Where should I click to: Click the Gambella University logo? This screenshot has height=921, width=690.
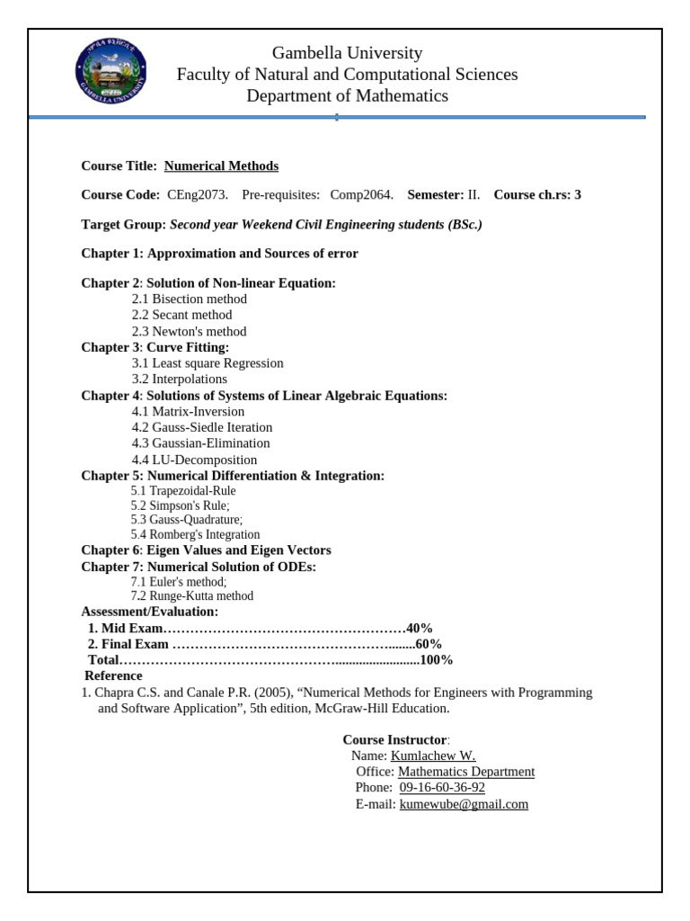[111, 72]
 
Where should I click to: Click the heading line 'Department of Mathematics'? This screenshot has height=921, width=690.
[347, 96]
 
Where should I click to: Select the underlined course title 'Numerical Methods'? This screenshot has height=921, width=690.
[221, 166]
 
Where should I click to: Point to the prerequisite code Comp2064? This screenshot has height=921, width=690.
[361, 195]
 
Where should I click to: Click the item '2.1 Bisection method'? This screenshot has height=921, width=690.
[190, 299]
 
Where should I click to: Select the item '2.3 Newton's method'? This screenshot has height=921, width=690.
[189, 331]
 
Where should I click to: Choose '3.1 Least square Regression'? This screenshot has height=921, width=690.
[208, 363]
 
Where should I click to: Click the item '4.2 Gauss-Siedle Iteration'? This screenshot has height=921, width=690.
[202, 427]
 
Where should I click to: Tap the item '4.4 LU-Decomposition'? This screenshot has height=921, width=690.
[194, 460]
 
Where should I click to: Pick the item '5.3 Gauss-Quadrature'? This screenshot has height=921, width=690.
[187, 520]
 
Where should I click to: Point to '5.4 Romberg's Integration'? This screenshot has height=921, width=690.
[195, 535]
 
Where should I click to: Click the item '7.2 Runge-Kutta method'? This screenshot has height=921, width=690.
[192, 596]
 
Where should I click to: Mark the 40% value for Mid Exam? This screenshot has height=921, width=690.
[420, 629]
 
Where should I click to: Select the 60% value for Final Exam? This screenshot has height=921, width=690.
[429, 645]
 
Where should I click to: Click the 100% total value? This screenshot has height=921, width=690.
[436, 660]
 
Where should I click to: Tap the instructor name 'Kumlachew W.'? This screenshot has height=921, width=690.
[433, 756]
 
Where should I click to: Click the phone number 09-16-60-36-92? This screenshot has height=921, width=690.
[442, 788]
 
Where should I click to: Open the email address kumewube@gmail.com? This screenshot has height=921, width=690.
[464, 804]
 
